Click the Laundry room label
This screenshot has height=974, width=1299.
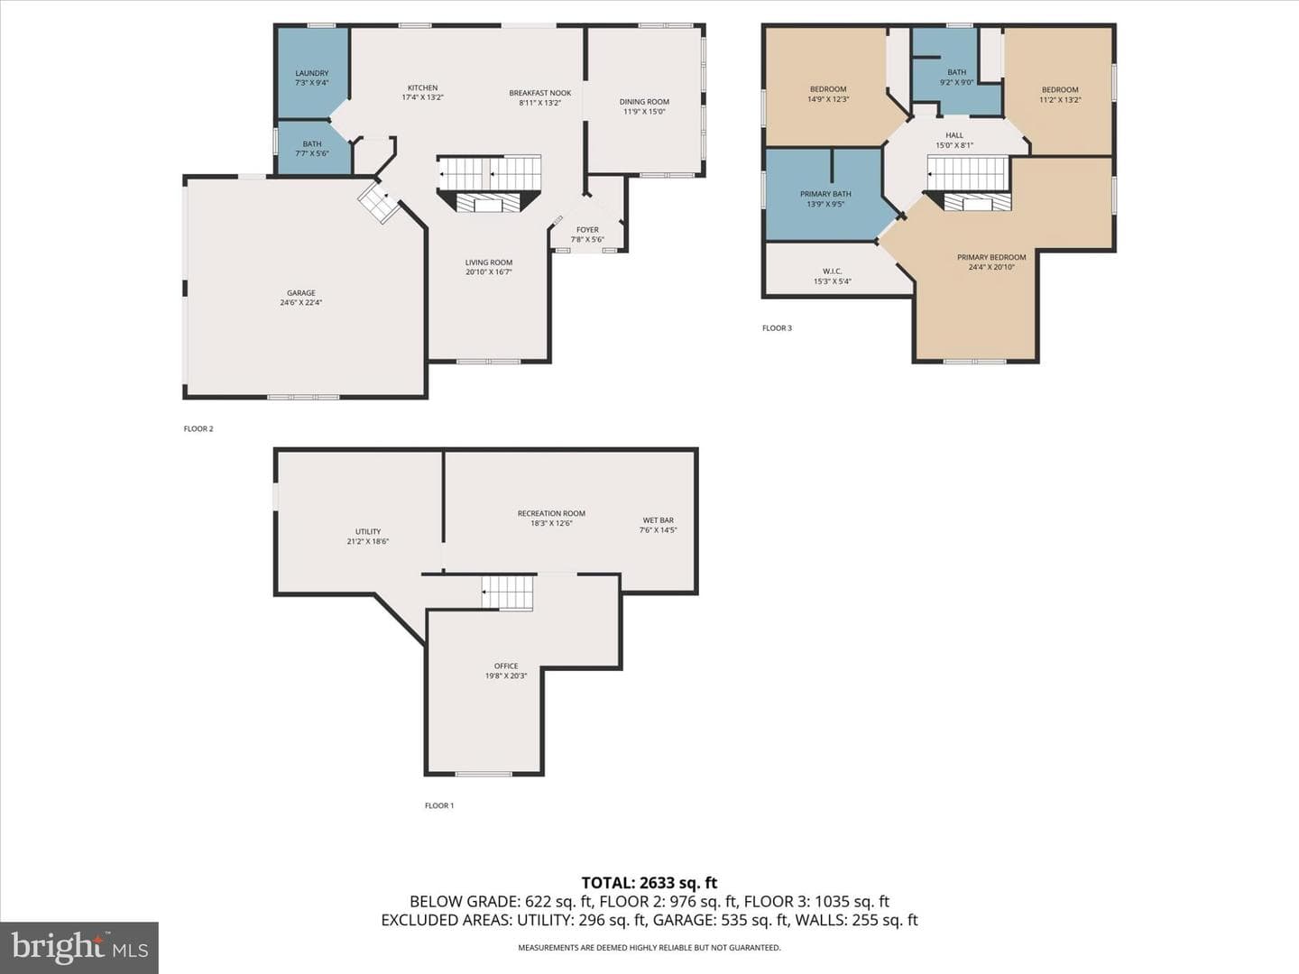click(312, 73)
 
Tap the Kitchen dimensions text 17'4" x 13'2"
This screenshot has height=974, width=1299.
click(422, 97)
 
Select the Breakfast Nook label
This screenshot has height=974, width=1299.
click(540, 93)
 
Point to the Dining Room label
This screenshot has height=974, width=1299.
click(644, 102)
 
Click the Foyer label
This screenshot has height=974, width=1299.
click(587, 229)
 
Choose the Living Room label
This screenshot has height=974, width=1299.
click(489, 262)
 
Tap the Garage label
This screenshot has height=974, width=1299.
click(301, 293)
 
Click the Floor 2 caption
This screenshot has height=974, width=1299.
click(198, 428)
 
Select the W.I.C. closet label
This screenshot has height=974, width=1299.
click(833, 271)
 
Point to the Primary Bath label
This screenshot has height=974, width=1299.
click(825, 194)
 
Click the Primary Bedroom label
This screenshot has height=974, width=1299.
click(992, 257)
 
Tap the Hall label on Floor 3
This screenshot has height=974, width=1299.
click(954, 135)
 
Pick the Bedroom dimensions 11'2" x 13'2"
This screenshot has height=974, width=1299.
click(1061, 100)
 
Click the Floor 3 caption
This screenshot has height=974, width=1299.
click(777, 328)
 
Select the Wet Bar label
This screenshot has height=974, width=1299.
click(659, 520)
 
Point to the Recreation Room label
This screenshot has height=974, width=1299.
click(551, 513)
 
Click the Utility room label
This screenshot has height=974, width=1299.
click(368, 532)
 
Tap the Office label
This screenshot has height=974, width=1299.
click(506, 666)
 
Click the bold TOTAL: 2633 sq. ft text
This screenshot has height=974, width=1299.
click(649, 884)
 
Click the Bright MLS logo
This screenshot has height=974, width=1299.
click(79, 947)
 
